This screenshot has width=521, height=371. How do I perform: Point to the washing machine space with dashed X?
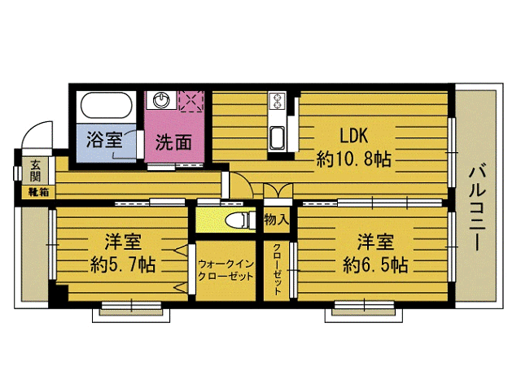pos(192,101)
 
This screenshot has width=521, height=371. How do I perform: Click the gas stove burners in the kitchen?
pos(277,103)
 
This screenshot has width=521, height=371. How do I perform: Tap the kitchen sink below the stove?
pos(277,136)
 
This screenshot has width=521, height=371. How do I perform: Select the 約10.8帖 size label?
pos(353,159)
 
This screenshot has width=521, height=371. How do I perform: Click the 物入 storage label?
pos(276,219)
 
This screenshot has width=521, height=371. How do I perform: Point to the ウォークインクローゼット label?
pos(225,270)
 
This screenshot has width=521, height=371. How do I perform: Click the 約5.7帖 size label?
pos(124,264)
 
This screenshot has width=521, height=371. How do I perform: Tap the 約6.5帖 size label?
pos(375,264)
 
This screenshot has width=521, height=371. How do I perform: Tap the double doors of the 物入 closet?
pos(276,192)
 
